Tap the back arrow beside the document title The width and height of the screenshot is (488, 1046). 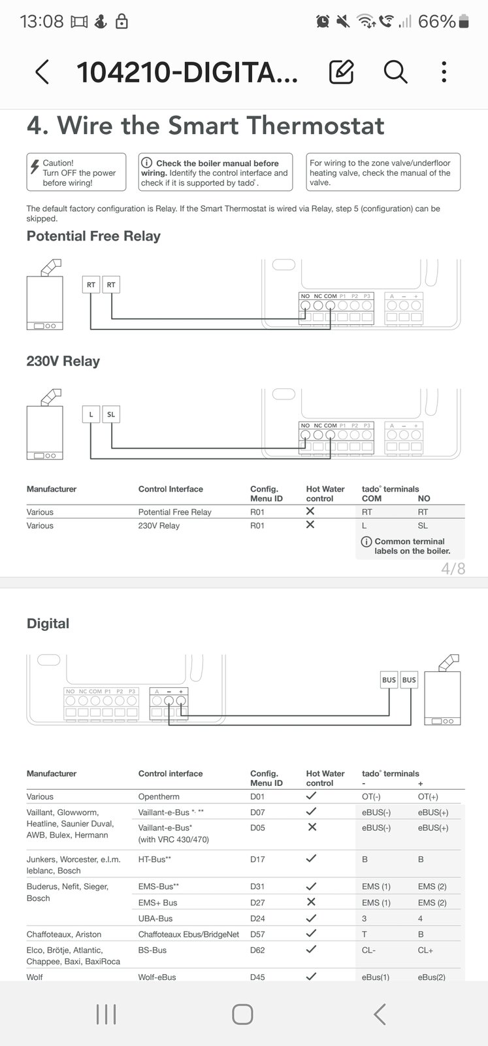coord(42,72)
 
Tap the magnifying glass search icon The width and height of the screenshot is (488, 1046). coord(396,72)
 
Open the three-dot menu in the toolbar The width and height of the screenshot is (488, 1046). coord(444,72)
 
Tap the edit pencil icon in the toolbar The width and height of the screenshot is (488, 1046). coord(342,72)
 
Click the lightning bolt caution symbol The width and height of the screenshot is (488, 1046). coord(35,166)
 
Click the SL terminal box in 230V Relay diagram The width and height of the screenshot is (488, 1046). coord(111,414)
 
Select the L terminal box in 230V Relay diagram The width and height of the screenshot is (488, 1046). coord(91,414)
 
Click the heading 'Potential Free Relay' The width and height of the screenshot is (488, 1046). coord(93,236)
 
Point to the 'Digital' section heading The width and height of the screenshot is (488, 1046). coord(48,624)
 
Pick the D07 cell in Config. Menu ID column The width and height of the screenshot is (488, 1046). coord(257,812)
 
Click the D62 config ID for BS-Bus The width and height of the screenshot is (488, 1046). coord(257,950)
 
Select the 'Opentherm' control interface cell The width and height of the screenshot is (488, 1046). coord(159,796)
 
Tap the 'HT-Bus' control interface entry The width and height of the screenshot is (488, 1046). coord(154,859)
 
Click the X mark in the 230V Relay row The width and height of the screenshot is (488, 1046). coord(310,524)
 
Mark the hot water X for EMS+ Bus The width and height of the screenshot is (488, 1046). coord(312,902)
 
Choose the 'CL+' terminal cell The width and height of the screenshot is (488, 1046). coord(425,950)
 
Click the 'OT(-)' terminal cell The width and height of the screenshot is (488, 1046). coord(371,796)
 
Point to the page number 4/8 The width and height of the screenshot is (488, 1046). coord(453,568)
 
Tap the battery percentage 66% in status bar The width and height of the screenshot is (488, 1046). coord(436,22)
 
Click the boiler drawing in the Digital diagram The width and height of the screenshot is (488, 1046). coord(443,690)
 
